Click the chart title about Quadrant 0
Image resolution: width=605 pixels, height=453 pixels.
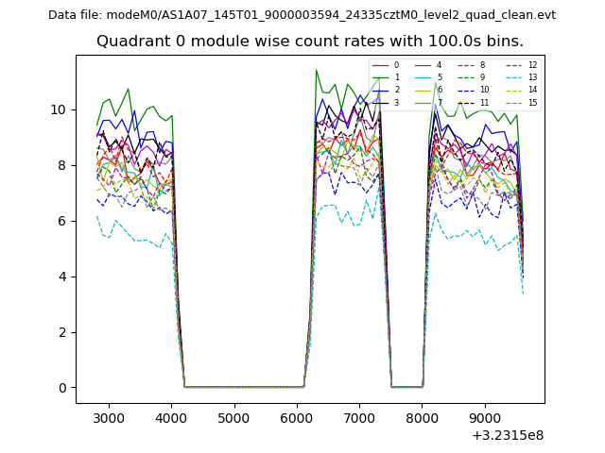coord(310,42)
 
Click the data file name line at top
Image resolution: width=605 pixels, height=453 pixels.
coord(302,15)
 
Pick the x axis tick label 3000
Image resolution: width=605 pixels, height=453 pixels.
coord(109,418)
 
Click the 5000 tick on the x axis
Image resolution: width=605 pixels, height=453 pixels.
coord(234,418)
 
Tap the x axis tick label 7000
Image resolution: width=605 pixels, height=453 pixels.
coord(359,418)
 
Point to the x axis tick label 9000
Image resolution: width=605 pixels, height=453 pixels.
coord(485,418)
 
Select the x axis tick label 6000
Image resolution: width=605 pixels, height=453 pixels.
coord(297,418)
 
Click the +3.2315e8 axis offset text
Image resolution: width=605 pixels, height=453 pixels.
coord(507,435)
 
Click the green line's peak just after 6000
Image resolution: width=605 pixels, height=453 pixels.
coord(316,70)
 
